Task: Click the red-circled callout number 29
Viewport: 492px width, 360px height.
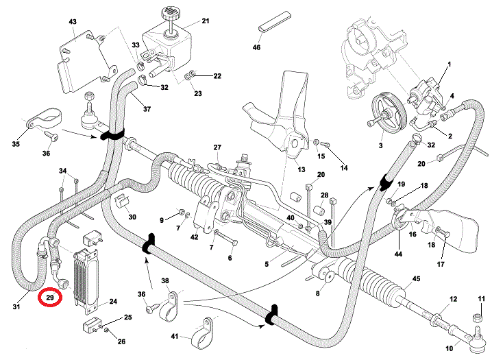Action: click(x=50, y=298)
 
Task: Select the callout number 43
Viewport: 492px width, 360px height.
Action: click(x=73, y=23)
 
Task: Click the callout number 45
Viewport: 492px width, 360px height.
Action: click(x=415, y=279)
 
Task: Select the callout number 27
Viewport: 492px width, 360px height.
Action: click(x=218, y=148)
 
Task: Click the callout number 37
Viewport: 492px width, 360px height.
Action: click(x=147, y=109)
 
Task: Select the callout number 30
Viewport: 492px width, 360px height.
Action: click(x=132, y=217)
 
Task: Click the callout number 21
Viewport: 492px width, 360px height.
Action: click(x=206, y=23)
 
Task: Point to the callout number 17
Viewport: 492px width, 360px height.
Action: click(x=441, y=264)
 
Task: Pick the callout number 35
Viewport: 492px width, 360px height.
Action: click(x=16, y=144)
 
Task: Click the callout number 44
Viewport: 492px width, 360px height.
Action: click(x=399, y=254)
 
